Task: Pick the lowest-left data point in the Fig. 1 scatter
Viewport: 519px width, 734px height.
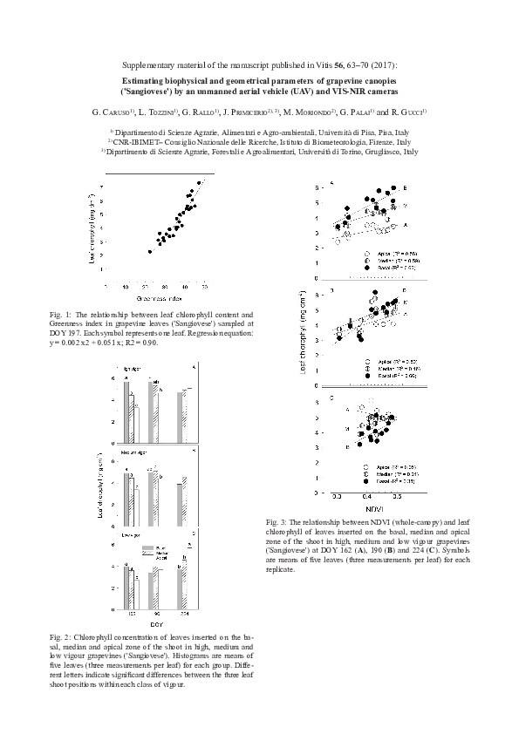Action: tap(150, 251)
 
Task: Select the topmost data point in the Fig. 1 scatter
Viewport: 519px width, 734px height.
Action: tap(200, 182)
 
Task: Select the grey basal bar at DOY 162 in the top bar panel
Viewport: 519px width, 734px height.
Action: tap(126, 400)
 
